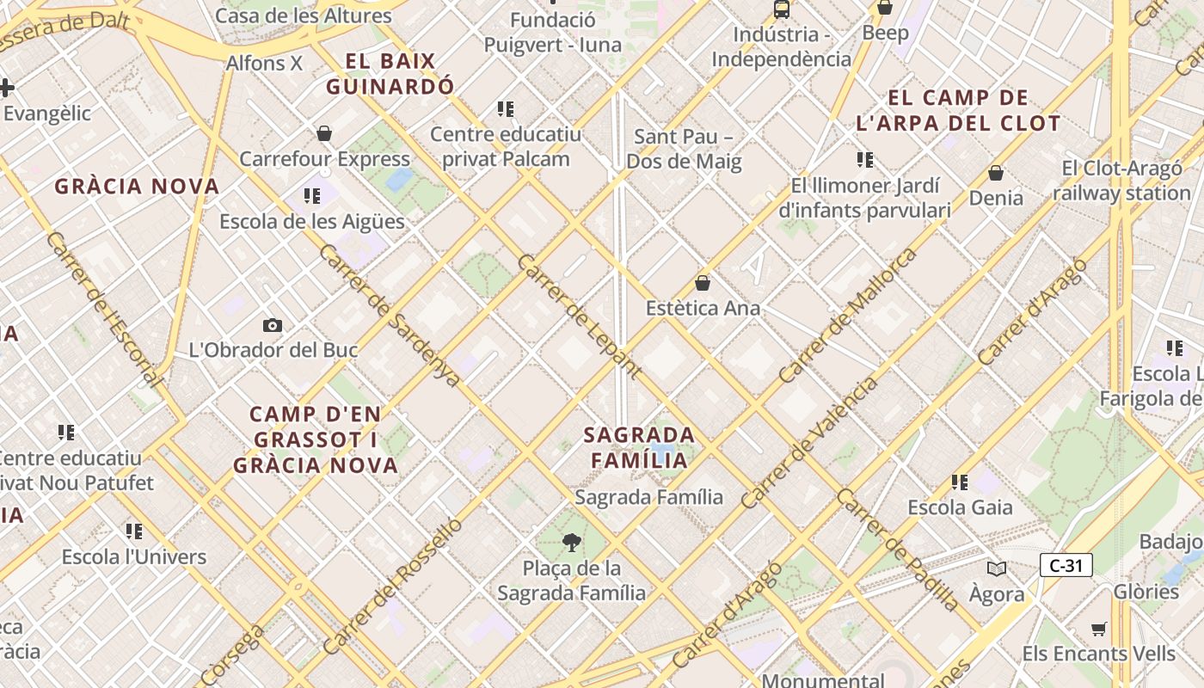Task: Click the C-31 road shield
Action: [x=1066, y=565]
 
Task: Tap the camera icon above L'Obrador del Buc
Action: [x=273, y=325]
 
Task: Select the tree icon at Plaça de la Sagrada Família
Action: [x=570, y=542]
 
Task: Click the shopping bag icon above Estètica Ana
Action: [x=703, y=282]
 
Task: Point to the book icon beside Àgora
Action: [x=996, y=568]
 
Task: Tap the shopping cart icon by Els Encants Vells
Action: [x=1098, y=630]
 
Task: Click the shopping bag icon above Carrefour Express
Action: [x=324, y=133]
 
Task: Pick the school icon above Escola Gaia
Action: [x=960, y=482]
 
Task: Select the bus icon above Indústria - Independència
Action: [x=781, y=9]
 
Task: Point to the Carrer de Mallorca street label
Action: [x=847, y=316]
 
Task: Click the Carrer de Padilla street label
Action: [x=897, y=550]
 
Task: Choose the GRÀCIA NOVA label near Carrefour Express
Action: [x=137, y=186]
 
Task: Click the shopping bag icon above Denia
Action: [x=996, y=173]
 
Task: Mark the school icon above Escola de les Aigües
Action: [x=311, y=196]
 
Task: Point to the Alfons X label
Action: [x=264, y=63]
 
